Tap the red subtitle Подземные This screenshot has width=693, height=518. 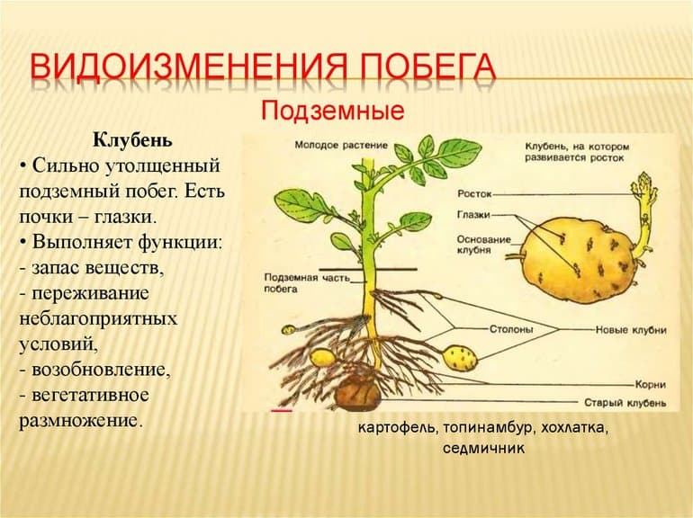[330, 112]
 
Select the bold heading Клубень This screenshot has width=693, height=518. [132, 141]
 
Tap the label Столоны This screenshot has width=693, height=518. [511, 330]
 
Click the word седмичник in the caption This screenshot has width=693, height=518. [482, 447]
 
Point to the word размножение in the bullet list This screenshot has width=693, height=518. [79, 419]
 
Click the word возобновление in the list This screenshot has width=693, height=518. [100, 369]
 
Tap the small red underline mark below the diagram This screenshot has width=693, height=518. [282, 410]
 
